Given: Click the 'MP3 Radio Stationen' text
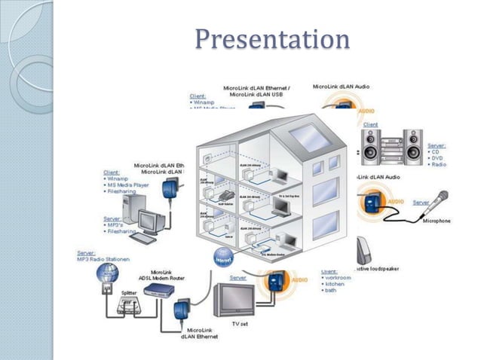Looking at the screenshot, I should (104, 260).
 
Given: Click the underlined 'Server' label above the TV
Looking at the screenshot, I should (237, 278).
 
